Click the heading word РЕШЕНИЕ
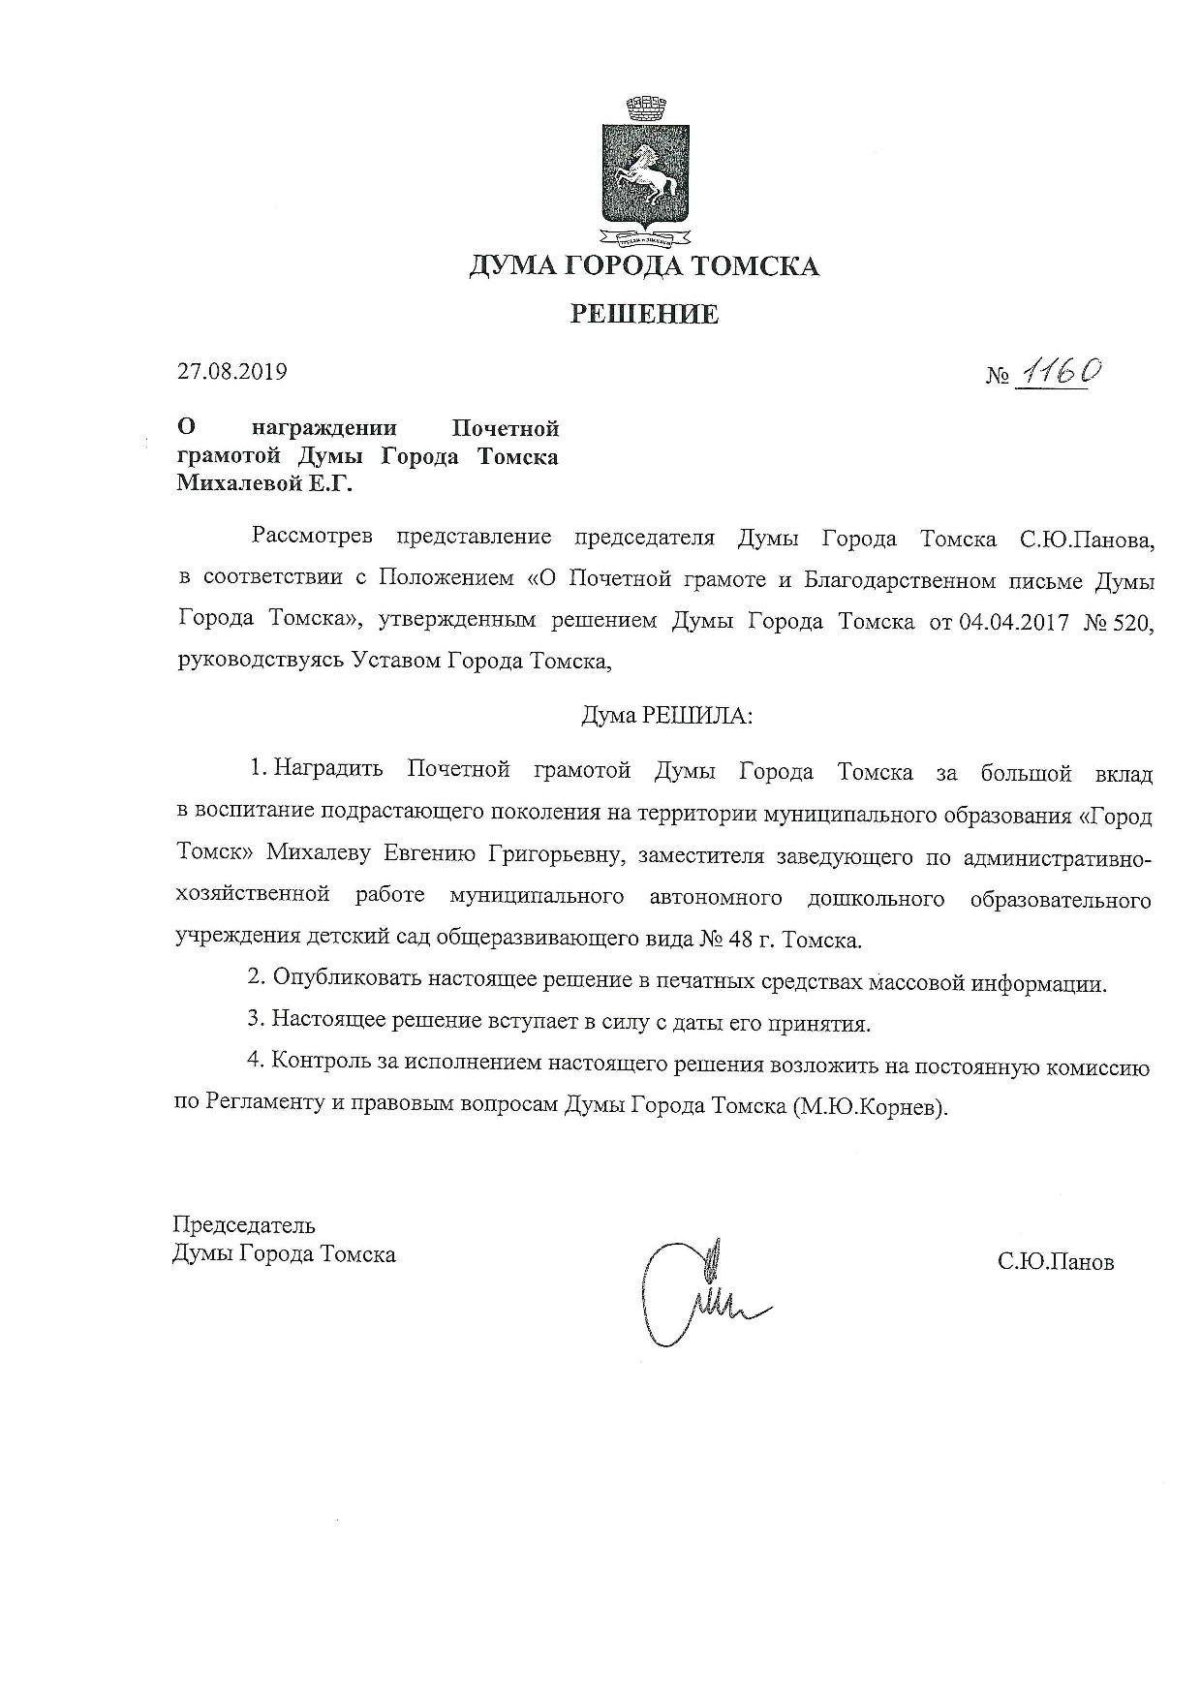point(644,314)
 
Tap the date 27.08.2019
point(232,371)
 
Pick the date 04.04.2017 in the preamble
point(1013,622)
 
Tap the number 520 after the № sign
point(1133,622)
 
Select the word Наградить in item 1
point(328,771)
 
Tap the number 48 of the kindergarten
point(751,940)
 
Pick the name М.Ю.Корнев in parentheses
point(868,1106)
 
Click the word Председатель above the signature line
point(244,1225)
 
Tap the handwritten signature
point(693,1293)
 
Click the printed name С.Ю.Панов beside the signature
point(1056,1262)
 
